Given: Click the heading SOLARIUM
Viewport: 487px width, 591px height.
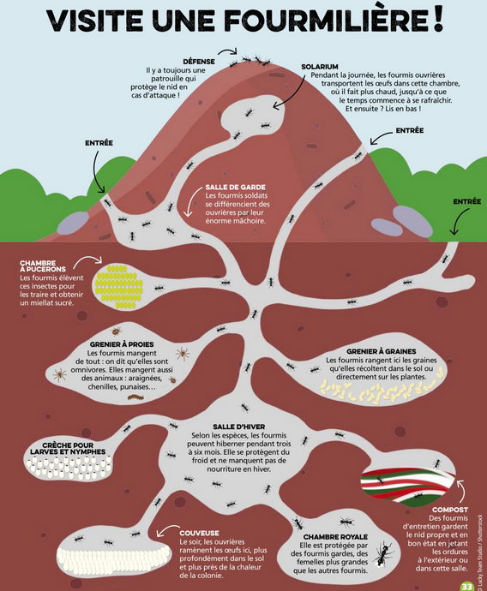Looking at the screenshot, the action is click(x=320, y=67).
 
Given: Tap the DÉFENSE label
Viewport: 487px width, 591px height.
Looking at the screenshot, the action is click(x=199, y=62).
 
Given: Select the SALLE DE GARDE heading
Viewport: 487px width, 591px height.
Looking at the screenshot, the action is click(x=236, y=187).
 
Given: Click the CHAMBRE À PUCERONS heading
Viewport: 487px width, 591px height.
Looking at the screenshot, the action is click(x=43, y=266).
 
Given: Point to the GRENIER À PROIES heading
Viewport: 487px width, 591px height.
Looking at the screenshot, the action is click(x=122, y=344).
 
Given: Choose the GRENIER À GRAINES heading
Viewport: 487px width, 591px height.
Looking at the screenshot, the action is click(x=381, y=351).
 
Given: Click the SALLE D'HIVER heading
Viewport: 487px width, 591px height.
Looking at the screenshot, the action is click(x=239, y=427).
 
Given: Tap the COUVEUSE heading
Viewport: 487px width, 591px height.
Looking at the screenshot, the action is click(x=199, y=533).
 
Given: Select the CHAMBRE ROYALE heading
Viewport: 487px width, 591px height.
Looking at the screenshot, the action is click(x=335, y=537).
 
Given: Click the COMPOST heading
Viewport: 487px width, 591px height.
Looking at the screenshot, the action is click(x=450, y=510).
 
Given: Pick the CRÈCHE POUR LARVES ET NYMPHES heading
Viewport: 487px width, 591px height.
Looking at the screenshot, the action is click(x=68, y=449).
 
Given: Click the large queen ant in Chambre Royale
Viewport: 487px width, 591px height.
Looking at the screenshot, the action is click(x=384, y=553).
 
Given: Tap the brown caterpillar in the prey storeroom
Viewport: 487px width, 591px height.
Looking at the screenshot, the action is click(x=135, y=397).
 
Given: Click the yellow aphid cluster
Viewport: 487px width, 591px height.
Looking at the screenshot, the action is click(x=119, y=287).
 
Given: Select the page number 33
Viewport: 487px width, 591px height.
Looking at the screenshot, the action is click(x=467, y=587).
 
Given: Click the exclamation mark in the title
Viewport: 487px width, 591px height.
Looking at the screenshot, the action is click(x=437, y=21).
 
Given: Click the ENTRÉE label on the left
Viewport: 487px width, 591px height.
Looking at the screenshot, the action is click(x=99, y=143).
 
